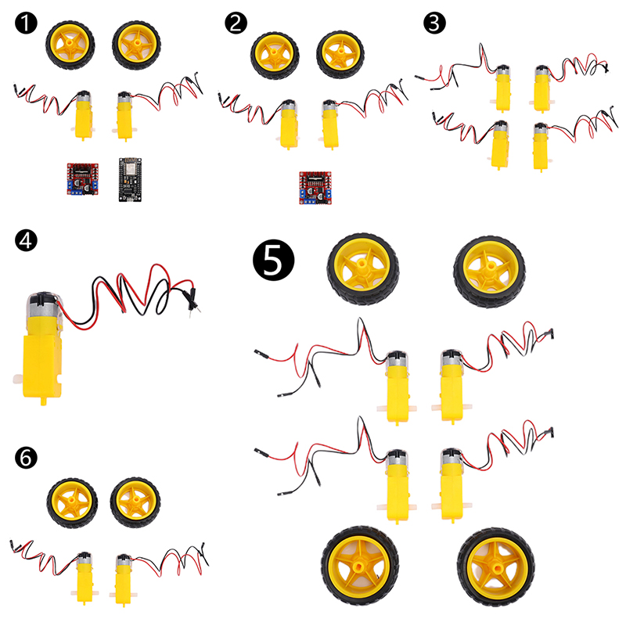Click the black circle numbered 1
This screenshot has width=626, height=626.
coord(26,23)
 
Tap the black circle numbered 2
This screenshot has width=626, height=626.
coord(236,23)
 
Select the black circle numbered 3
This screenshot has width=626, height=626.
coord(434,23)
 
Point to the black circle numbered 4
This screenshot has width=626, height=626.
coord(26,240)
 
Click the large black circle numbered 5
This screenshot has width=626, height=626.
coord(273,260)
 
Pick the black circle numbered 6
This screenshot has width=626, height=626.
coord(26,458)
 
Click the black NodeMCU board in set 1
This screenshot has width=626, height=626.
coord(130,180)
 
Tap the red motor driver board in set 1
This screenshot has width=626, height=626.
coord(83,179)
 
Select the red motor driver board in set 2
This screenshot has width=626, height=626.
coord(315,188)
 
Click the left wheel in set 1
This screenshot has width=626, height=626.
coord(70,45)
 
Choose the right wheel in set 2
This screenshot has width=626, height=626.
coord(340,54)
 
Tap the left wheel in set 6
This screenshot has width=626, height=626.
coord(72,502)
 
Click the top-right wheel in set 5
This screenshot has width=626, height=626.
coord(489,272)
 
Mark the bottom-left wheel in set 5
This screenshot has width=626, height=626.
coord(360,565)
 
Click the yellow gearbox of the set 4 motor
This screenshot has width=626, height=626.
coord(42,367)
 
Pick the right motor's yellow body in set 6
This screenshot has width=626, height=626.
coord(123,583)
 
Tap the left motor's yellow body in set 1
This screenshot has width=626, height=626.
coord(84,120)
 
